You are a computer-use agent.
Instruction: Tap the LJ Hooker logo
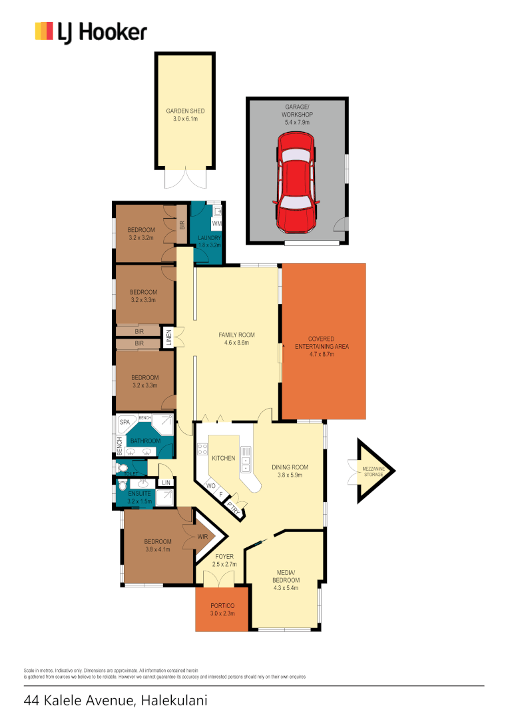[x=91, y=32]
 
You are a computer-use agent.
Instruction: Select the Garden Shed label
[x=185, y=111]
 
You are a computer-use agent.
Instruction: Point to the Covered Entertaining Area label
[x=321, y=339]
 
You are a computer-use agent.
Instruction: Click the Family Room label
[x=237, y=335]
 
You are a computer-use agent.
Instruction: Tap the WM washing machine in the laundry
[x=216, y=223]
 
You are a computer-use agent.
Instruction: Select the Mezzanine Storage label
[x=372, y=471]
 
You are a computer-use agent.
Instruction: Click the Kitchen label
[x=224, y=459]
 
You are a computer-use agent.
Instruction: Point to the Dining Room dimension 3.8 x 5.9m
[x=290, y=476]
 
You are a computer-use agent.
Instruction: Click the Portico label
[x=221, y=605]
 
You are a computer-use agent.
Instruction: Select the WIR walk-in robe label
[x=204, y=536]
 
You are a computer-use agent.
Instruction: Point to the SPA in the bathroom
[x=125, y=423]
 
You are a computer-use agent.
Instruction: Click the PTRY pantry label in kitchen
[x=232, y=509]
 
